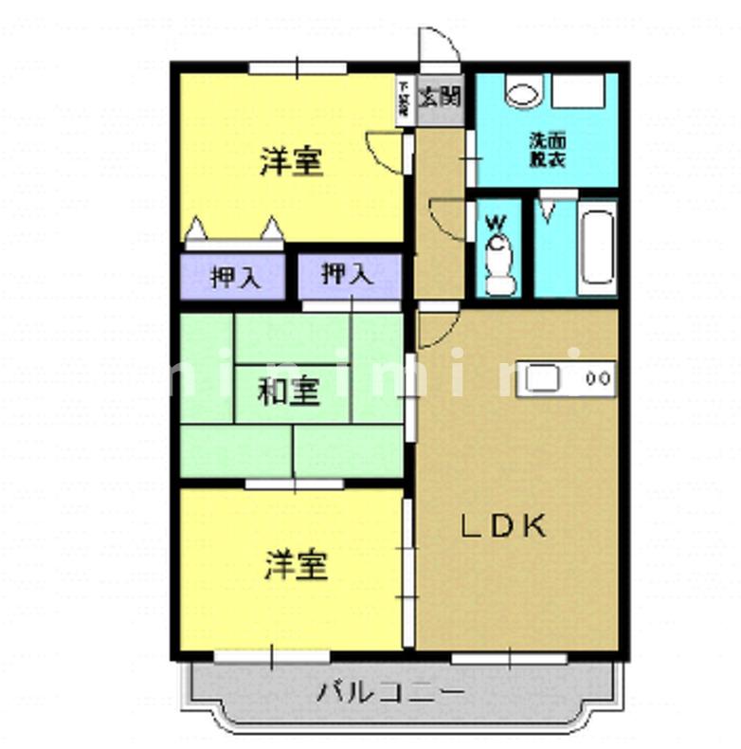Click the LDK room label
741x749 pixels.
(503, 526)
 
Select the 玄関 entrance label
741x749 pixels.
(441, 96)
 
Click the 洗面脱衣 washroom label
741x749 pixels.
(547, 152)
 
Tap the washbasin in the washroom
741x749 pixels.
(521, 94)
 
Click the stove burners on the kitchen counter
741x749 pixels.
(597, 377)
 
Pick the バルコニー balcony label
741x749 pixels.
(390, 692)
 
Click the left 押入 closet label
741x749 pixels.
(231, 278)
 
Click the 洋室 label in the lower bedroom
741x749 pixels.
(296, 566)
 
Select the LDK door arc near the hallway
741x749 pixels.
(434, 327)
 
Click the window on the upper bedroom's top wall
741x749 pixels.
(297, 68)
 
